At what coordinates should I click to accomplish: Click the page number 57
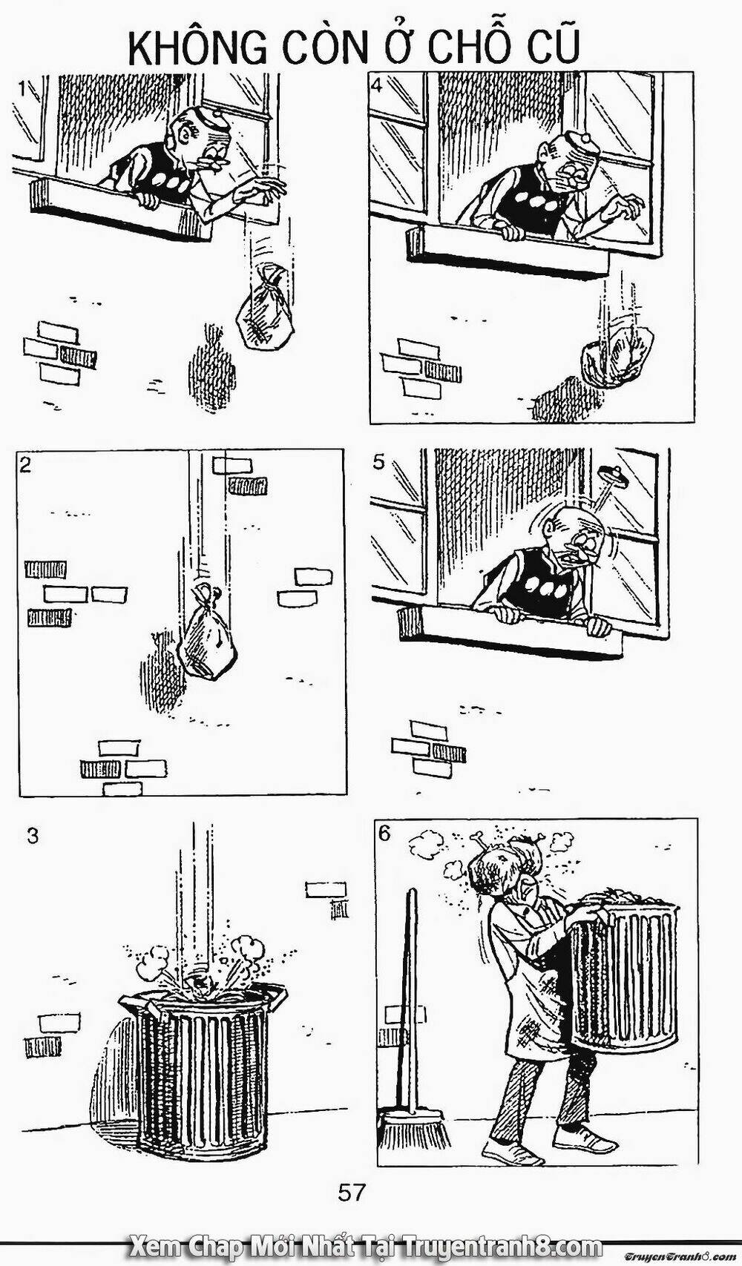352,1193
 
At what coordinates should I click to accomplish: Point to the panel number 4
376,85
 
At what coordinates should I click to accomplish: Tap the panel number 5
378,463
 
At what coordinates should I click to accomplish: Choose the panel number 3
33,836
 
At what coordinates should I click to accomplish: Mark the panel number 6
384,833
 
